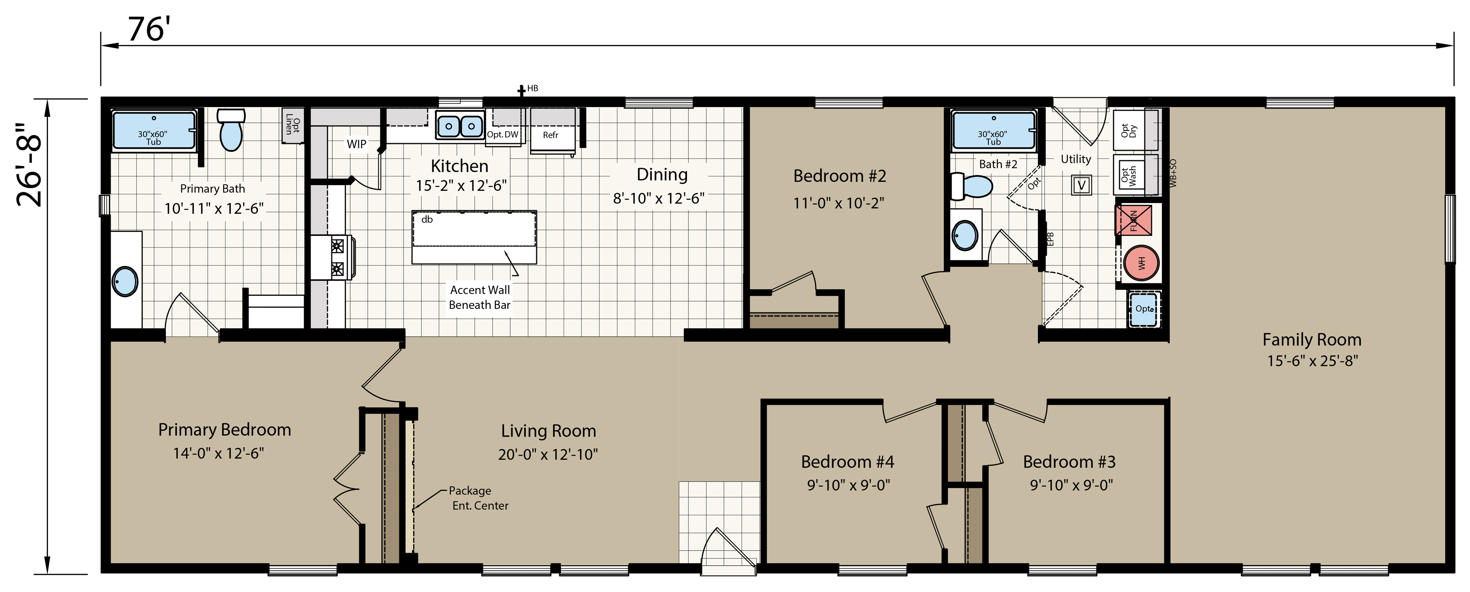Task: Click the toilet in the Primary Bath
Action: (x=231, y=130)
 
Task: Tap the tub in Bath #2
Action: (x=993, y=131)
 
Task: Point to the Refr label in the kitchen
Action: (x=551, y=135)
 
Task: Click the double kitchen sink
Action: (x=460, y=125)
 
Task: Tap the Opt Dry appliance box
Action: (x=1129, y=130)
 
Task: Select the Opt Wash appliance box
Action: (x=1129, y=175)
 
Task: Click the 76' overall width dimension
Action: (x=149, y=30)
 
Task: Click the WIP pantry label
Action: (x=357, y=144)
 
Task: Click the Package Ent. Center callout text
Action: (x=478, y=498)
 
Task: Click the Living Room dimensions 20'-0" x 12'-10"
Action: (x=548, y=455)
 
